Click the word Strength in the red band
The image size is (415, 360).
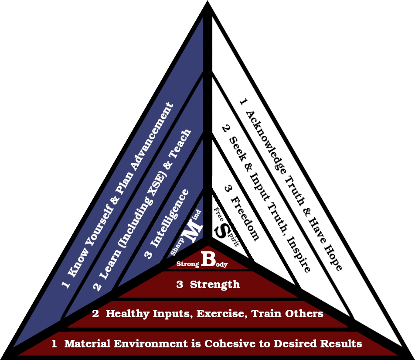click(x=215, y=285)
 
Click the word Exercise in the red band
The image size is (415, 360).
click(x=221, y=314)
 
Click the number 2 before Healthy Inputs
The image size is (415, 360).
click(x=95, y=314)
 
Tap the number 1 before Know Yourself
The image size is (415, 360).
click(x=66, y=285)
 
